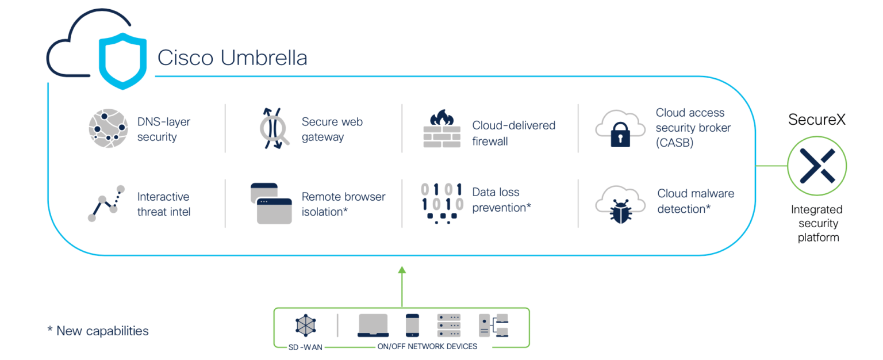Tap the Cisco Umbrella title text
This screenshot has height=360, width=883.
232,58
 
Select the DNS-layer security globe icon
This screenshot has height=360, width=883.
108,129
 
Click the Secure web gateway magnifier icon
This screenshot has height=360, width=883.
271,129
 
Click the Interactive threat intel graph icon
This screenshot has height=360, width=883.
106,203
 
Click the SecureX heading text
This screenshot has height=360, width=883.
817,120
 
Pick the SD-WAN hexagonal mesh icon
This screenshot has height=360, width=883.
305,325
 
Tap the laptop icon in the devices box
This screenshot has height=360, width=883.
373,325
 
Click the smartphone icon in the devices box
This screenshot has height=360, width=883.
413,325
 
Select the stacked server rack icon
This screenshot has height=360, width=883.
449,325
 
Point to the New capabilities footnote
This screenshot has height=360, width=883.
98,331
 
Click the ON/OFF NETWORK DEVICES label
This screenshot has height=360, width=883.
427,347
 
